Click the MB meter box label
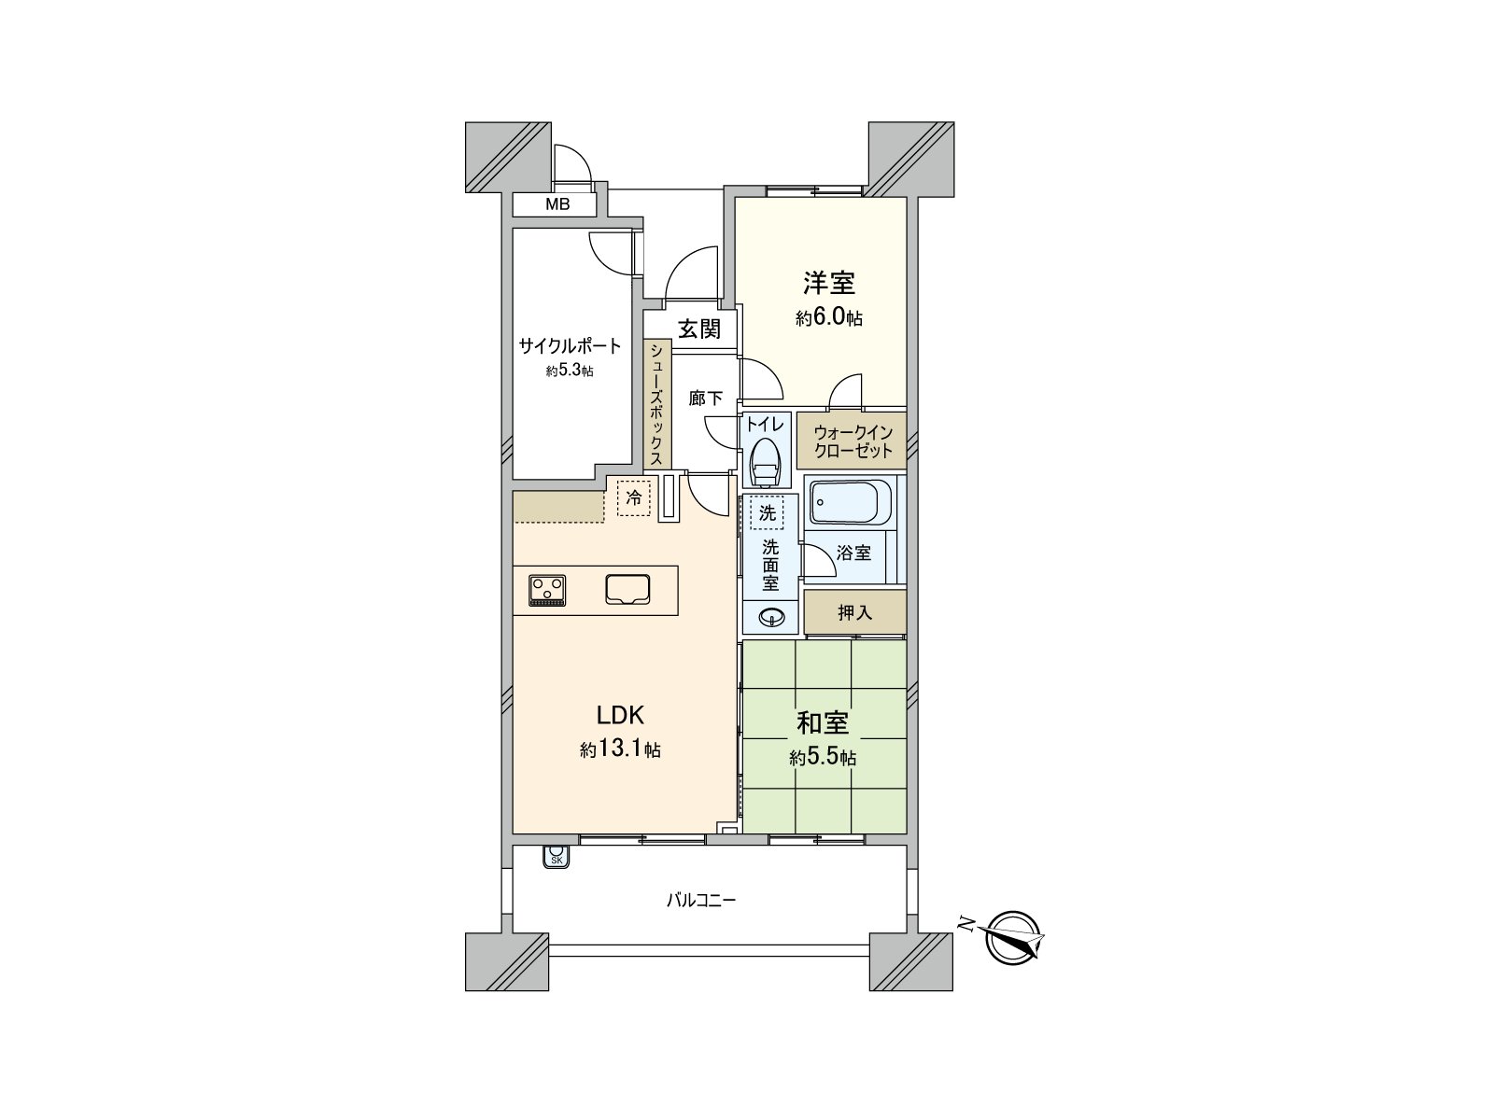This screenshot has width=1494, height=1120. pyautogui.click(x=557, y=204)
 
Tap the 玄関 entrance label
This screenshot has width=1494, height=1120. pyautogui.click(x=699, y=329)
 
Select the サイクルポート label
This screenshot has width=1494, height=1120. pyautogui.click(x=570, y=346)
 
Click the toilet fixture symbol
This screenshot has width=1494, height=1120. pyautogui.click(x=767, y=462)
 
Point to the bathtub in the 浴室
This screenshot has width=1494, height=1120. pyautogui.click(x=851, y=502)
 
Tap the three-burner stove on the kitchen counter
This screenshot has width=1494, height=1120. pyautogui.click(x=547, y=590)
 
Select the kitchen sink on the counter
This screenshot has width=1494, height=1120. pyautogui.click(x=627, y=590)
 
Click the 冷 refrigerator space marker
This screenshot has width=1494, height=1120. pyautogui.click(x=634, y=498)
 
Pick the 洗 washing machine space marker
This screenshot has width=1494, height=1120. pyautogui.click(x=768, y=512)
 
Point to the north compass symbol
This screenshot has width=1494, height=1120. pyautogui.click(x=1010, y=937)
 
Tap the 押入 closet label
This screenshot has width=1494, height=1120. pyautogui.click(x=855, y=612)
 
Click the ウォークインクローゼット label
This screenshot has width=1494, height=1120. pyautogui.click(x=853, y=441)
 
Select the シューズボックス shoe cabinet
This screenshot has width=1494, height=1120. pyautogui.click(x=657, y=404)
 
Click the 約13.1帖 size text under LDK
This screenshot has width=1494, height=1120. pyautogui.click(x=620, y=749)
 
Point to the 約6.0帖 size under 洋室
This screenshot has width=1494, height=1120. pyautogui.click(x=829, y=317)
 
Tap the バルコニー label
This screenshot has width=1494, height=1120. pyautogui.click(x=701, y=901)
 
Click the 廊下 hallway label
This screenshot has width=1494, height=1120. pyautogui.click(x=705, y=398)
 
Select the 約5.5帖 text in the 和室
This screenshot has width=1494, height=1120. pyautogui.click(x=823, y=758)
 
